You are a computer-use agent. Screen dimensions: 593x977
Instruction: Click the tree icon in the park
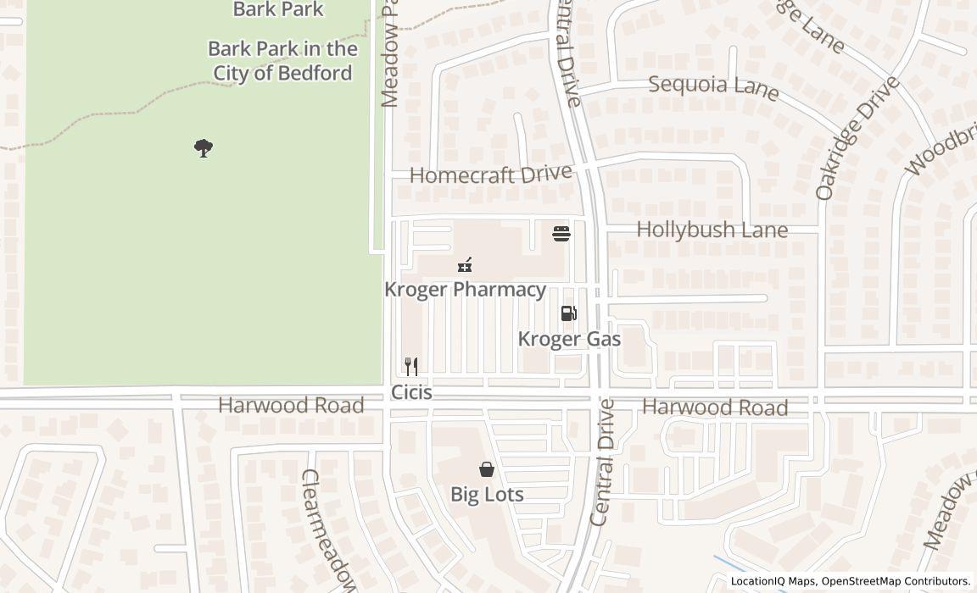203,148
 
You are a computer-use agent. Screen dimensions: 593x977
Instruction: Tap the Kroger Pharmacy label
465,289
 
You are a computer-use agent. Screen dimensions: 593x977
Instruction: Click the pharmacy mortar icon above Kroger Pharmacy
465,265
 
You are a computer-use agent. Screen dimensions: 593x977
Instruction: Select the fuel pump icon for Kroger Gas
568,313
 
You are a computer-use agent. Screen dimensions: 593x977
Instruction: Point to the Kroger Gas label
569,339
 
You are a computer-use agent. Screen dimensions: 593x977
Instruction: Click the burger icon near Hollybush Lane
561,233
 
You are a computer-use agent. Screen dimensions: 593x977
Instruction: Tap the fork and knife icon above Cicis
410,366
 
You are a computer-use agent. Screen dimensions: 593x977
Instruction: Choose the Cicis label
411,392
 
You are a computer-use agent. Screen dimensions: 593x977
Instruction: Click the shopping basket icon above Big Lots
487,468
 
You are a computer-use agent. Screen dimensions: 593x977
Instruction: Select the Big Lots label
487,494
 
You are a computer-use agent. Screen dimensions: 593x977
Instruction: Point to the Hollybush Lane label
712,230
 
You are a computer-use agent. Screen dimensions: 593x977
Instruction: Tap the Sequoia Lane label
713,86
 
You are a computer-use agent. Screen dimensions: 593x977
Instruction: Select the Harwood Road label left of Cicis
291,405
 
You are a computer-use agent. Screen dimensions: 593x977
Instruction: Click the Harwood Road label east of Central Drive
714,407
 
